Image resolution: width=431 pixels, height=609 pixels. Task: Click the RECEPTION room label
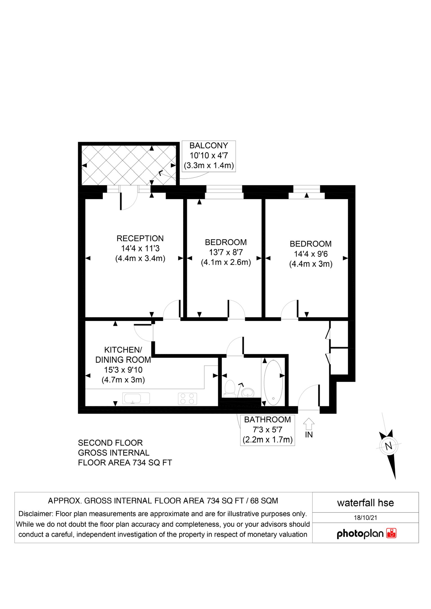coord(140,238)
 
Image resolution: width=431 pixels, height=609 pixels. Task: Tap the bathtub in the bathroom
coord(273,382)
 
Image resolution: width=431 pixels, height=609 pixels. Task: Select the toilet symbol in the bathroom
coord(230,389)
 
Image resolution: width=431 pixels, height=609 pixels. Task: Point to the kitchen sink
coord(136,398)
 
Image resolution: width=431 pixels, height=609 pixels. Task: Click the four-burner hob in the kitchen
coord(187,399)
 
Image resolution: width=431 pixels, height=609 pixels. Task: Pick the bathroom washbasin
coord(248,392)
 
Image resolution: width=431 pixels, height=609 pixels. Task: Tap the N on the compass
coord(389,446)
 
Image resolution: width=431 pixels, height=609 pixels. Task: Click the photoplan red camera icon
coord(391,533)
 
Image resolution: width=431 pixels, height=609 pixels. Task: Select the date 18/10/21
coord(365,517)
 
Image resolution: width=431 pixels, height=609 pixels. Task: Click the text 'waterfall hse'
coord(365,503)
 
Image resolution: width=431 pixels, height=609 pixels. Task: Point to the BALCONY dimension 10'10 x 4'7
coord(209,155)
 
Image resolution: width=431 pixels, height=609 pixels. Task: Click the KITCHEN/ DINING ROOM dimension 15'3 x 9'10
coord(123,370)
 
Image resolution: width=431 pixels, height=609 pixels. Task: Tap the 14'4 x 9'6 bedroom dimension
coord(311,254)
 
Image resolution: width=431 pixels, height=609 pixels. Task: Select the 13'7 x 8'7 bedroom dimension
coord(226,252)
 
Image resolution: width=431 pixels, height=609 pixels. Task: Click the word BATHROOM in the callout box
coord(267,420)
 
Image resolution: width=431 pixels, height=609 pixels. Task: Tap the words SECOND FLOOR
coord(110,443)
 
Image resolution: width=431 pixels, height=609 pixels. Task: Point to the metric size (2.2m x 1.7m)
coord(268,440)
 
